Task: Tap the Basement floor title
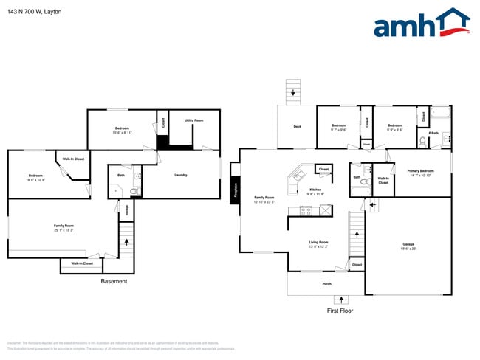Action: point(114,281)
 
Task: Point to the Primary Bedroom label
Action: point(421,170)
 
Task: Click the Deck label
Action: point(297,127)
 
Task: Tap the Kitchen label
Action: point(316,190)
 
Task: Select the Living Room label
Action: point(319,242)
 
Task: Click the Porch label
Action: point(326,283)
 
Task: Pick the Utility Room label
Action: point(193,120)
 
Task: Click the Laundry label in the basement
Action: point(180,175)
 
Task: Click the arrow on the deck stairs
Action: point(293,93)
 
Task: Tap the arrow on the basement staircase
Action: point(126,241)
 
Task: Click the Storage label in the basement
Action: point(126,210)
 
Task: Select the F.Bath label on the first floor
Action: point(433,133)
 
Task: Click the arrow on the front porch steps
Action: point(341,300)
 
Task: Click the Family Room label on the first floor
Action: point(264,198)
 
